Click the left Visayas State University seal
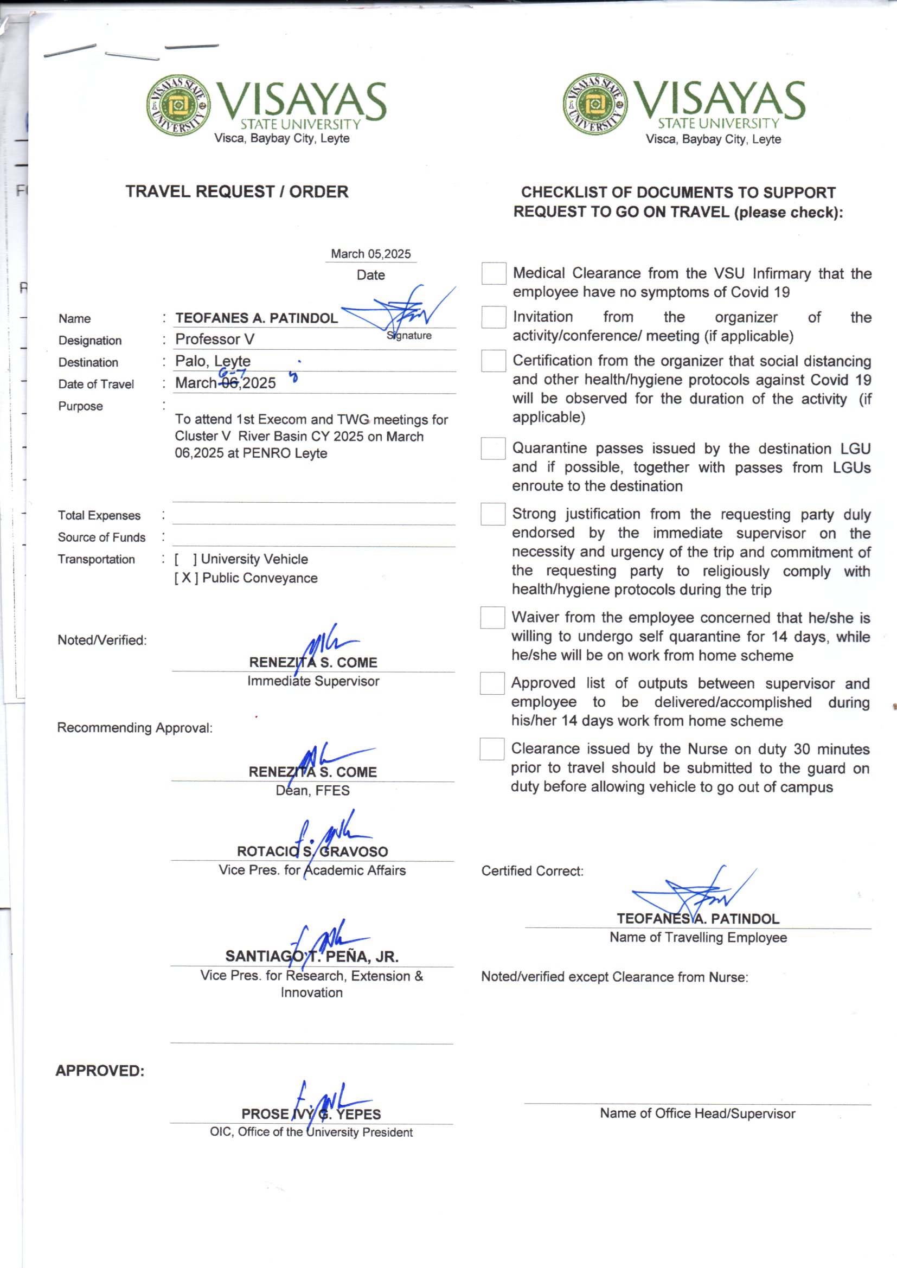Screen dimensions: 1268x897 [178, 105]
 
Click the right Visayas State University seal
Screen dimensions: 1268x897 [595, 104]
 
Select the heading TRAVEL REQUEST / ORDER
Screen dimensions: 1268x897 [236, 191]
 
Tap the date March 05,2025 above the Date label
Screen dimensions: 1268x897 [370, 254]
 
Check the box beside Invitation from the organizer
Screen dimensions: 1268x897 [493, 317]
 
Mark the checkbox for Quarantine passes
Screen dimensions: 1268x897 [492, 449]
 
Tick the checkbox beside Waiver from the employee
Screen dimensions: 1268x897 [492, 617]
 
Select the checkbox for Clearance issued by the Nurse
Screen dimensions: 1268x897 [491, 749]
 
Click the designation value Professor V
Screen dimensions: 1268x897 [215, 339]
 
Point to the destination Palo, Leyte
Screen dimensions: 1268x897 [213, 361]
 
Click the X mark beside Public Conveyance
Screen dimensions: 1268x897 [186, 578]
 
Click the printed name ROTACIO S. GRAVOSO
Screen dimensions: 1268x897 [312, 851]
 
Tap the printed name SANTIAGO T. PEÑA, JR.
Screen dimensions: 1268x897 [311, 956]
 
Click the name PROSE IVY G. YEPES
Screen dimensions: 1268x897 [311, 1114]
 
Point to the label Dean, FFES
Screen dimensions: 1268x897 [312, 790]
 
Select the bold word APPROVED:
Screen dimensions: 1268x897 [100, 1071]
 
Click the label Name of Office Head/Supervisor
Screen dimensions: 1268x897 [697, 1113]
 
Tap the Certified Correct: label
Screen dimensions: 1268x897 [532, 871]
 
